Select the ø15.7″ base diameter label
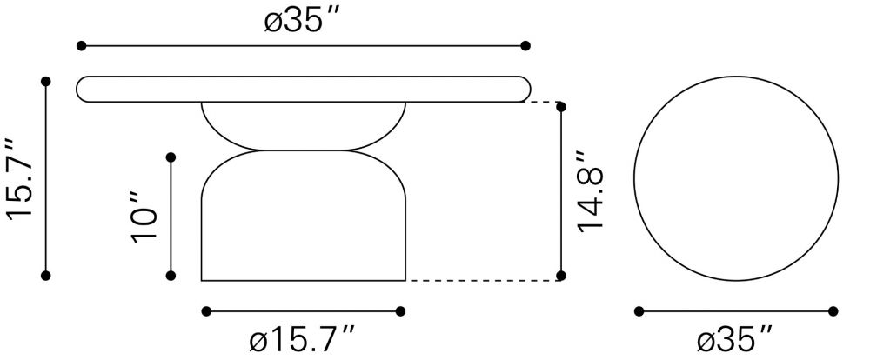click(302, 339)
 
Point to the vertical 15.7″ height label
click(20, 178)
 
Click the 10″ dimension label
click(144, 217)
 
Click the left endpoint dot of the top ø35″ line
click(81, 45)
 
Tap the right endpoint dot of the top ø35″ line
click(525, 45)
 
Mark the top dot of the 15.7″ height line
click(46, 82)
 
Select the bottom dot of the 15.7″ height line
click(46, 275)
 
